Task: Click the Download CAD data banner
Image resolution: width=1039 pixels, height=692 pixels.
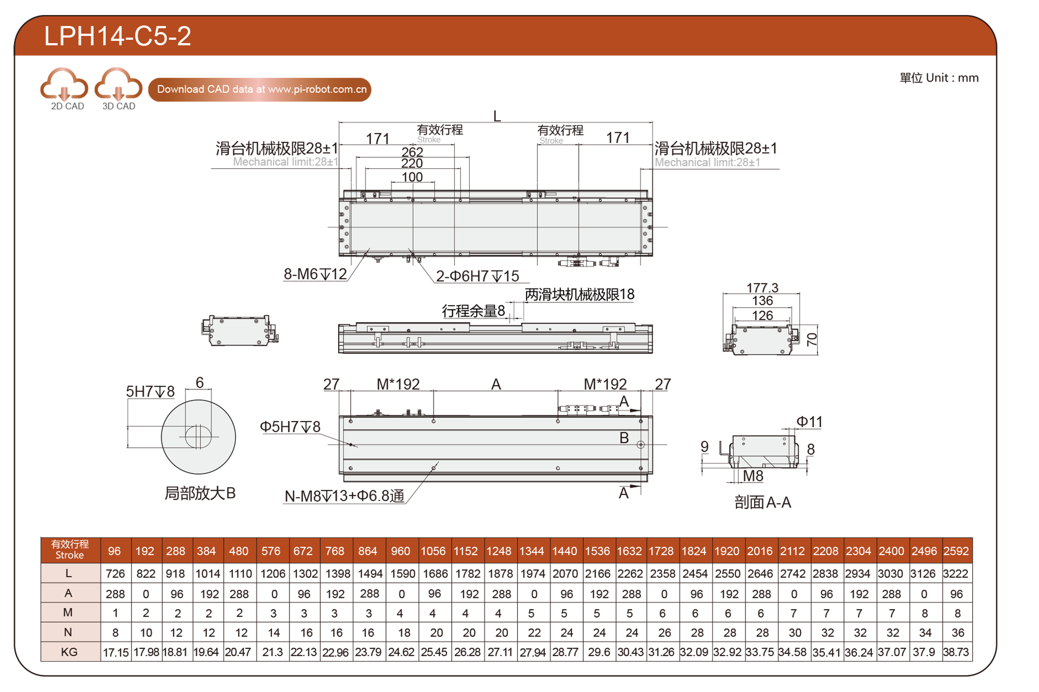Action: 260,90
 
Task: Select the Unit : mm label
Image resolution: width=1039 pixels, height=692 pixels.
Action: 939,78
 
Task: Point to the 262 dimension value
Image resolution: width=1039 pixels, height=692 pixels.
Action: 412,152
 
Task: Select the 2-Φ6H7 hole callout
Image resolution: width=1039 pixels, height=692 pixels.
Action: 478,276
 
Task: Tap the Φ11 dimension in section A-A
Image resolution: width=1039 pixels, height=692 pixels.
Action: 809,422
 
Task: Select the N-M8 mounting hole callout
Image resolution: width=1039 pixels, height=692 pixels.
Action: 344,496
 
